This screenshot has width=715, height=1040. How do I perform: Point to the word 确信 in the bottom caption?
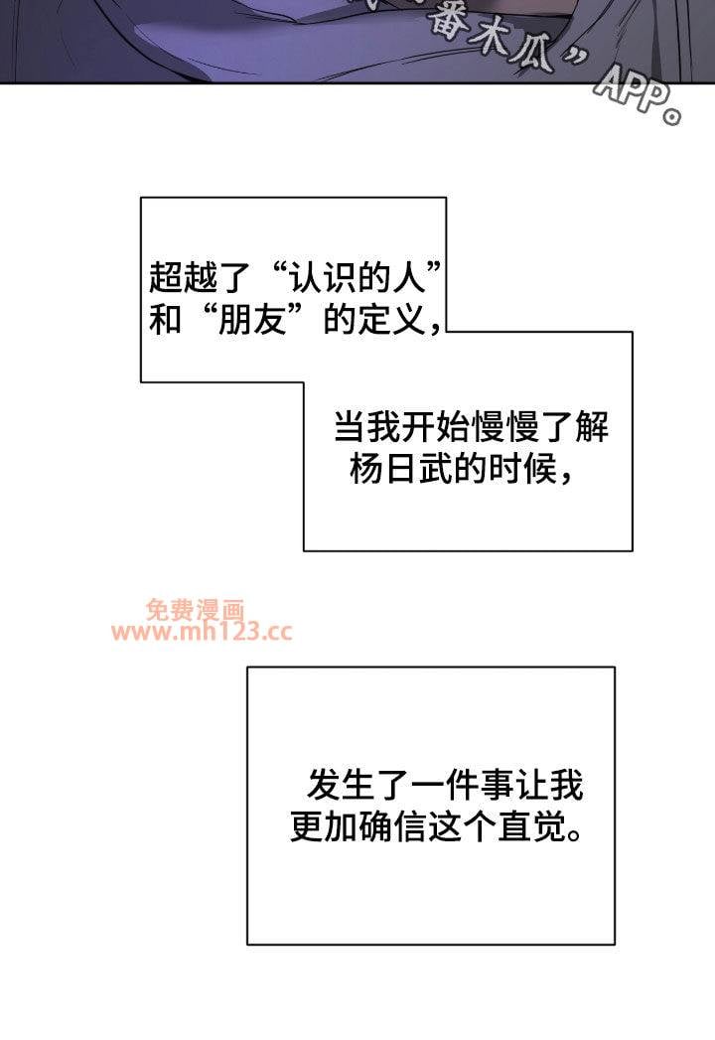pyautogui.click(x=403, y=826)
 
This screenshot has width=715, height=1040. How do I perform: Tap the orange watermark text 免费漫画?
pyautogui.click(x=195, y=609)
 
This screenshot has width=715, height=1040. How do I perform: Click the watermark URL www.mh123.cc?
pyautogui.click(x=203, y=633)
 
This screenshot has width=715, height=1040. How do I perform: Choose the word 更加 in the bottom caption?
pyautogui.click(x=318, y=826)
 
